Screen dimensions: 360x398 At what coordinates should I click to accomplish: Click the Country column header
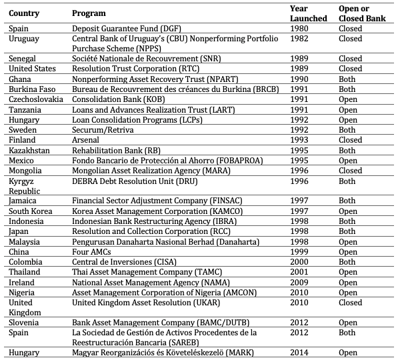click(x=24, y=13)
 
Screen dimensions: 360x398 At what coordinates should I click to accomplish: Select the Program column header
click(x=89, y=13)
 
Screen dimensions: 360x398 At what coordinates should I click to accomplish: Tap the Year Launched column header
click(x=308, y=13)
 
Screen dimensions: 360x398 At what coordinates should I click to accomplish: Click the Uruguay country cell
click(x=23, y=39)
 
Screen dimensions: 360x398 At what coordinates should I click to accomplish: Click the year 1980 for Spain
click(x=300, y=29)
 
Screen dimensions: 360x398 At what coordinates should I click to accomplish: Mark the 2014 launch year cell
click(x=300, y=352)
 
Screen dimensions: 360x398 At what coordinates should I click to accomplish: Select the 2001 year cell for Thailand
click(x=300, y=272)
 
